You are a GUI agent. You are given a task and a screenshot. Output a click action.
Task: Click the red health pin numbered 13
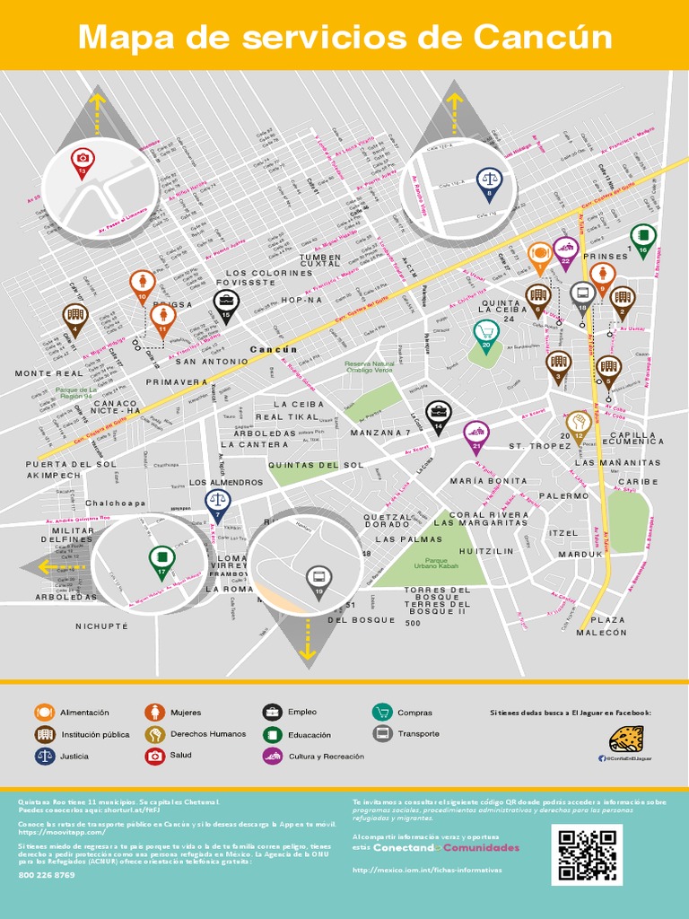tap(83, 160)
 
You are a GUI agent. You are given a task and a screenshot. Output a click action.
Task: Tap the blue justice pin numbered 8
tap(489, 182)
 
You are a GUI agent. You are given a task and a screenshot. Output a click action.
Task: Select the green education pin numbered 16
tap(643, 239)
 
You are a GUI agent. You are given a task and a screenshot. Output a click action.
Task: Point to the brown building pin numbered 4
tap(74, 317)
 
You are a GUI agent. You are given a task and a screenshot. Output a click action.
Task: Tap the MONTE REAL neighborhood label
tap(48, 372)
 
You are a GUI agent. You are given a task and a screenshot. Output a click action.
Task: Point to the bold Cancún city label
tap(273, 348)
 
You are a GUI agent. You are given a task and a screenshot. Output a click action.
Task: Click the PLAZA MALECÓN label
tap(607, 626)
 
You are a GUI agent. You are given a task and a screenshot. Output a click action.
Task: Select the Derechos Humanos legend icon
tap(154, 734)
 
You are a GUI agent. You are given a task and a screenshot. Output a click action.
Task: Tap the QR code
tap(589, 855)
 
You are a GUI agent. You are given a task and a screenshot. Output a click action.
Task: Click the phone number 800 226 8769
tap(47, 875)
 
